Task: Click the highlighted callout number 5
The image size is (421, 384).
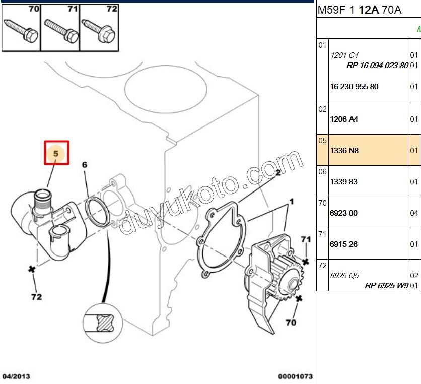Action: point(56,152)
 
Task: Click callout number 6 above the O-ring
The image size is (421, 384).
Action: point(85,165)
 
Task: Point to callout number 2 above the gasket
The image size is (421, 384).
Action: point(277,172)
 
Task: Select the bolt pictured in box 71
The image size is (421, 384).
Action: point(60,30)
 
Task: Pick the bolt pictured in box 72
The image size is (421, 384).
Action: point(99,30)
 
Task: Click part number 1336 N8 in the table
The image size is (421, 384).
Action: point(344,150)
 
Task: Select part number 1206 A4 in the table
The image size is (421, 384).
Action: point(344,119)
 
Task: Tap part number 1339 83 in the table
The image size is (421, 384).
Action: point(343,181)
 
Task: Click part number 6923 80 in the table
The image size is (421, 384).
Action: point(343,213)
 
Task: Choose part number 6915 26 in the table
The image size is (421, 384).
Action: point(343,244)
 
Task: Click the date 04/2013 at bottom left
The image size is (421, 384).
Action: point(16,376)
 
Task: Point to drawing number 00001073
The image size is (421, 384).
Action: point(296,376)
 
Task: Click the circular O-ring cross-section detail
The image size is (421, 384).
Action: point(104,322)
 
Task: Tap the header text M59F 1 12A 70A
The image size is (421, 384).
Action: point(359,10)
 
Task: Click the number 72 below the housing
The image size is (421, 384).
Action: point(36,297)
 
